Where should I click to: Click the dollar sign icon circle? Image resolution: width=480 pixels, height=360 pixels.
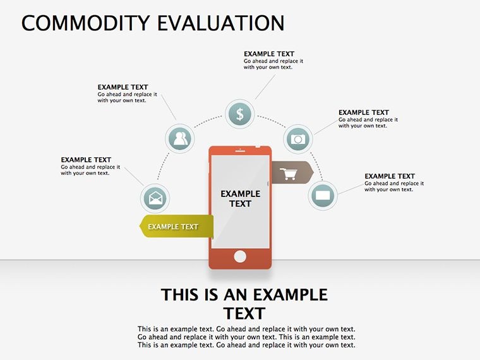240,114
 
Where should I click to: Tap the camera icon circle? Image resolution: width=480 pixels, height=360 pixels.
298,139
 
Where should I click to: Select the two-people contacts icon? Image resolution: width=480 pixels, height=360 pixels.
180,139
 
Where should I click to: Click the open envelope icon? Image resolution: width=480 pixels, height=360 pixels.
155,198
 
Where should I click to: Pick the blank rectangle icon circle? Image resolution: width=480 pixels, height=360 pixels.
323,196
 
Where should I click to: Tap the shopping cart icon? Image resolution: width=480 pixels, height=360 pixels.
289,174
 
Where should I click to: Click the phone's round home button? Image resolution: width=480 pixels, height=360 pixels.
240,256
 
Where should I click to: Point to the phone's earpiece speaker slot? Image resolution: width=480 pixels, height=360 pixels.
240,151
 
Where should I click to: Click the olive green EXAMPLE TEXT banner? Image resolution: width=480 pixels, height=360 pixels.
177,226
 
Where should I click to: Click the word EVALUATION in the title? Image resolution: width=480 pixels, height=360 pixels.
220,23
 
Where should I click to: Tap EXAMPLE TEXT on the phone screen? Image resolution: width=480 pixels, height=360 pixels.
240,199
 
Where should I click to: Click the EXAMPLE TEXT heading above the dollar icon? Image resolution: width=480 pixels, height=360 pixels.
269,54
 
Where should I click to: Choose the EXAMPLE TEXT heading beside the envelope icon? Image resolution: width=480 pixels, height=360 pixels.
86,160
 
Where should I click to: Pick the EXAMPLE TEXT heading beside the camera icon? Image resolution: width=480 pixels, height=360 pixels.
364,112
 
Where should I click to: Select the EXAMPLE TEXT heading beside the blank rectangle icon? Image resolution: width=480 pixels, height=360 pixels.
390,176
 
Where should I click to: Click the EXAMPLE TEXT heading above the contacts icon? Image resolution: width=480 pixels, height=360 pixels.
123,87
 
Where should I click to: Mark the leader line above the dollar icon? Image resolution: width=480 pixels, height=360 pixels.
265,87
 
